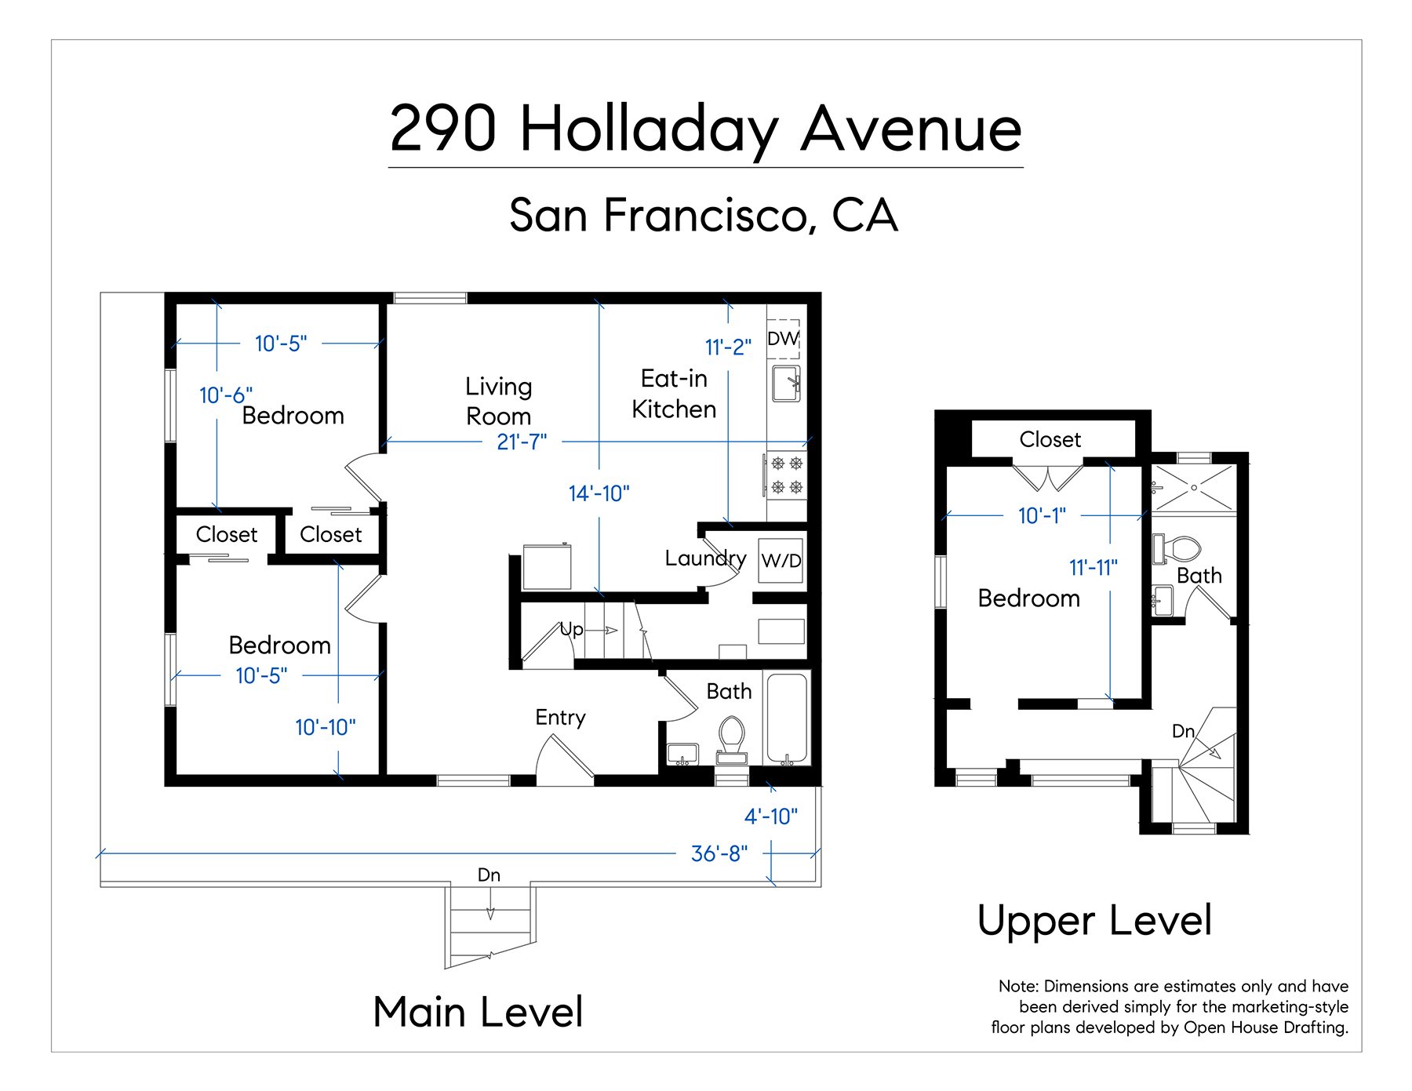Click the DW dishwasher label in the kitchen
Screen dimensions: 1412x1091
tap(783, 338)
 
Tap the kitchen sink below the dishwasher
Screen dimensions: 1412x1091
tap(786, 384)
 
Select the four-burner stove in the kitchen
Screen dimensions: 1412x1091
tap(786, 475)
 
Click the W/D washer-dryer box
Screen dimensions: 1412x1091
tap(781, 560)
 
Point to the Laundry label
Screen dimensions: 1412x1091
tap(705, 558)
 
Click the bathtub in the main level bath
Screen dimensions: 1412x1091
tap(787, 718)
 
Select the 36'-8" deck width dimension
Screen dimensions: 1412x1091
tap(719, 853)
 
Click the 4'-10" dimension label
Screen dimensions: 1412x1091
tap(770, 816)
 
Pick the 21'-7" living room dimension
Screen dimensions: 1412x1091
tap(522, 442)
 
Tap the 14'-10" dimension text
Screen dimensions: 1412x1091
tap(599, 493)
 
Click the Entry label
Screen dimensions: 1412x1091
tap(560, 718)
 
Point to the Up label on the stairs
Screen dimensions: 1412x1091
tap(571, 629)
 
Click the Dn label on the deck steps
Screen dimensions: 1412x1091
tap(489, 875)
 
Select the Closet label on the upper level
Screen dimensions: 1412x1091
tap(1050, 439)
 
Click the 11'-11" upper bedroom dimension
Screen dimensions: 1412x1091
tap(1093, 567)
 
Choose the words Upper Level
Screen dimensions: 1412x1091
tap(1094, 920)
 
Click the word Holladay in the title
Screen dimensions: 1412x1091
tap(649, 129)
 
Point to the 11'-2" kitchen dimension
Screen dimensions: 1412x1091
tap(728, 347)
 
